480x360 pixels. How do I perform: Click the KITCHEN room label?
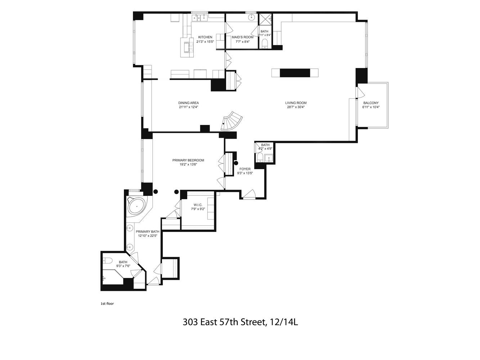click(x=205, y=37)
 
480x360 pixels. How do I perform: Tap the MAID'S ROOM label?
click(x=242, y=37)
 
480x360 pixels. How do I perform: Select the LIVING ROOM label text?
click(x=296, y=103)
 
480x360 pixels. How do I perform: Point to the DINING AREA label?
click(x=188, y=103)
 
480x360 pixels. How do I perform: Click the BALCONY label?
click(x=371, y=103)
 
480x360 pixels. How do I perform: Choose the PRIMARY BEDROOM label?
click(x=188, y=160)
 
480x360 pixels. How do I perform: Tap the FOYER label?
click(x=245, y=169)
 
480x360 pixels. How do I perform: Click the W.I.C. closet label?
click(x=198, y=205)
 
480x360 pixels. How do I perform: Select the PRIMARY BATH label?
click(x=147, y=231)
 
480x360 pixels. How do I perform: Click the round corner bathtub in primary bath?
click(x=137, y=206)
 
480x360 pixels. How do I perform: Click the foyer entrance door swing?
click(x=249, y=194)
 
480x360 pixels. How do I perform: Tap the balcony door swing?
click(x=360, y=93)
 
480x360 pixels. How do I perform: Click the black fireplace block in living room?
click(x=295, y=73)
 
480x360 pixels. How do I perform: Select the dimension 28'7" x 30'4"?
click(x=296, y=107)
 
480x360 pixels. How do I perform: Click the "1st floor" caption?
click(x=107, y=303)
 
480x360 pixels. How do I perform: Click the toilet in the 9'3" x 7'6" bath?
click(x=107, y=260)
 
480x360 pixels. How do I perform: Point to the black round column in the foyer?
click(x=236, y=163)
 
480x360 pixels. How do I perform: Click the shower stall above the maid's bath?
click(x=265, y=20)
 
